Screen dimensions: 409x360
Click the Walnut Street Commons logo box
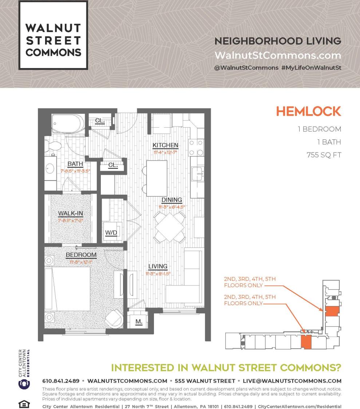coord(53,35)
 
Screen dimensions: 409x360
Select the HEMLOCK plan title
coord(308,111)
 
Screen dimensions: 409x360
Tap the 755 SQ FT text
coord(324,155)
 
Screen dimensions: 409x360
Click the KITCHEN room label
coord(165,146)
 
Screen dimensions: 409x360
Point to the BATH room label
coord(75,164)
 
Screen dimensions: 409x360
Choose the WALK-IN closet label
coord(71,214)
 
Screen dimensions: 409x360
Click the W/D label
coord(111,233)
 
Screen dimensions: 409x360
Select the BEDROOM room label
coord(81,255)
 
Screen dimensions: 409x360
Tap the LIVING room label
coord(158,266)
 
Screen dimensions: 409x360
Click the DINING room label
coord(171,200)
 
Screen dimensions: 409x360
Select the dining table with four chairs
coord(170,227)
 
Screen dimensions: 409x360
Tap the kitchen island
coord(157,178)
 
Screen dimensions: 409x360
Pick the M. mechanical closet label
coord(139,322)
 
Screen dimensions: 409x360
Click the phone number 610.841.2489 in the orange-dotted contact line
coord(61,381)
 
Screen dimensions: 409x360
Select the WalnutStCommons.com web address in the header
coord(278,55)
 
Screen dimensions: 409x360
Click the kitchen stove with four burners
coord(196,147)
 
